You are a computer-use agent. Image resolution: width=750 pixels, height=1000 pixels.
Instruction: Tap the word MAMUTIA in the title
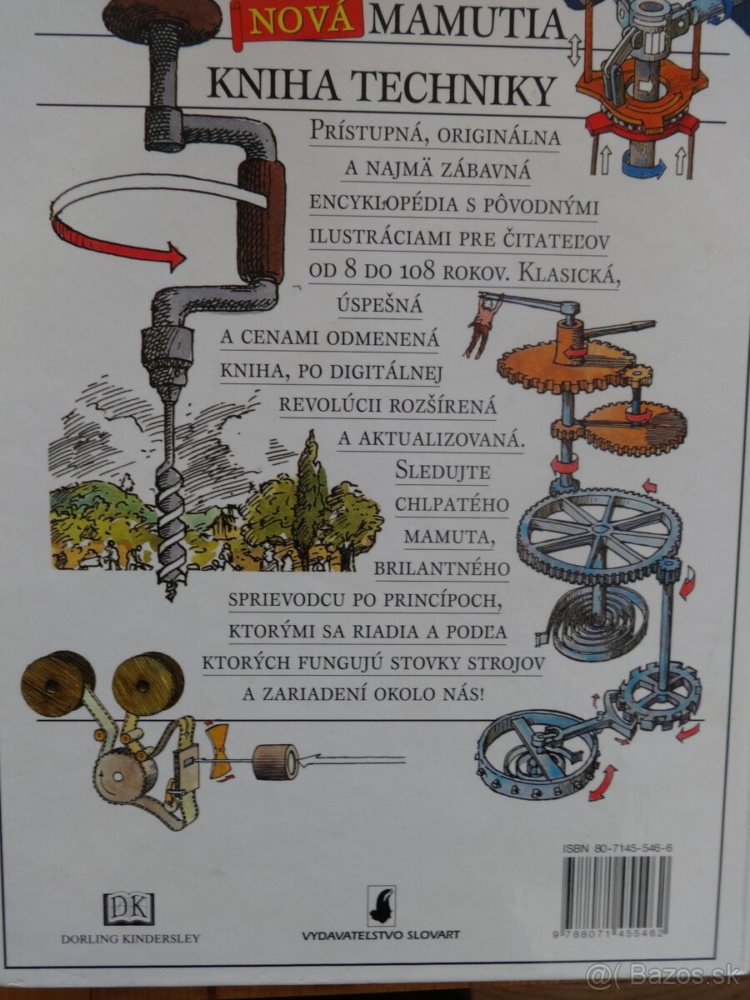(467, 23)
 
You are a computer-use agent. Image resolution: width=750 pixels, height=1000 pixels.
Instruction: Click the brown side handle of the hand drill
(261, 221)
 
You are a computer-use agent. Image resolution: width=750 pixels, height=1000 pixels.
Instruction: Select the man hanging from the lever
(482, 324)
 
